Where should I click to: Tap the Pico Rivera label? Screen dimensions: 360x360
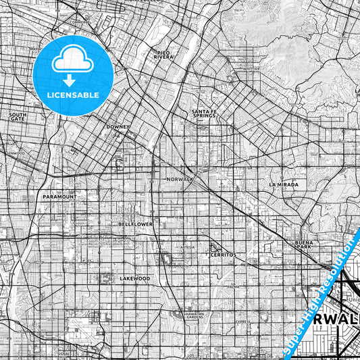(x=163, y=55)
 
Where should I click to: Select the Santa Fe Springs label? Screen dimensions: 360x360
(x=203, y=113)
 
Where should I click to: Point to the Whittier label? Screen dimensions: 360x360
(x=251, y=68)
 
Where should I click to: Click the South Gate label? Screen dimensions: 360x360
(x=18, y=116)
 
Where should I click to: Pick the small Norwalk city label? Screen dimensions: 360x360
(x=180, y=179)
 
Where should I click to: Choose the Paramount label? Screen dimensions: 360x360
(x=59, y=197)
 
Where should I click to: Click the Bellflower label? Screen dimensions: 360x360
(x=135, y=223)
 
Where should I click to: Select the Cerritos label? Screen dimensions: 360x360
(x=221, y=255)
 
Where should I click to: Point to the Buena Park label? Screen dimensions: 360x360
(x=302, y=245)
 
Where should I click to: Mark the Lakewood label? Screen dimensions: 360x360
(x=134, y=278)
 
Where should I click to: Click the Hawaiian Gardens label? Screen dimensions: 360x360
(x=195, y=315)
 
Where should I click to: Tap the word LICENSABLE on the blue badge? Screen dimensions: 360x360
(x=73, y=95)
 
